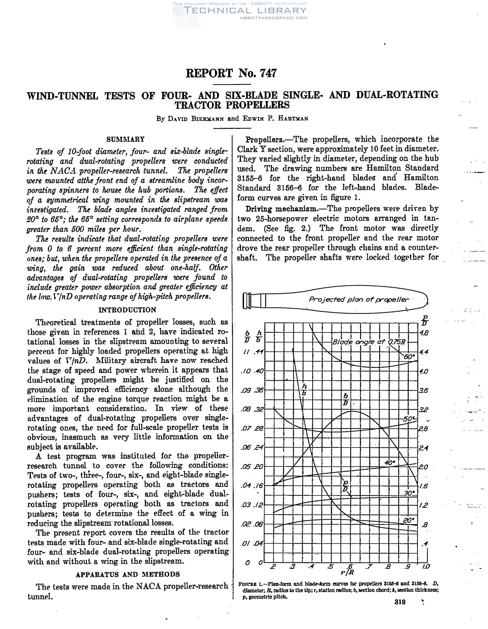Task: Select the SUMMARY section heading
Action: tap(126, 140)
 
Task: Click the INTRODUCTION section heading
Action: tap(127, 310)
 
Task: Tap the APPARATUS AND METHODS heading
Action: tap(128, 574)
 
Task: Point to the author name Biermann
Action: tap(207, 119)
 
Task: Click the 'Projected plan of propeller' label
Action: tap(359, 300)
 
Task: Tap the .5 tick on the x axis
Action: tap(330, 566)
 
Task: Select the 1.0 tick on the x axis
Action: tap(426, 566)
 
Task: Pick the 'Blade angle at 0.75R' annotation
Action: tap(369, 342)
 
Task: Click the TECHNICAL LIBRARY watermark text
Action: tap(245, 11)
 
